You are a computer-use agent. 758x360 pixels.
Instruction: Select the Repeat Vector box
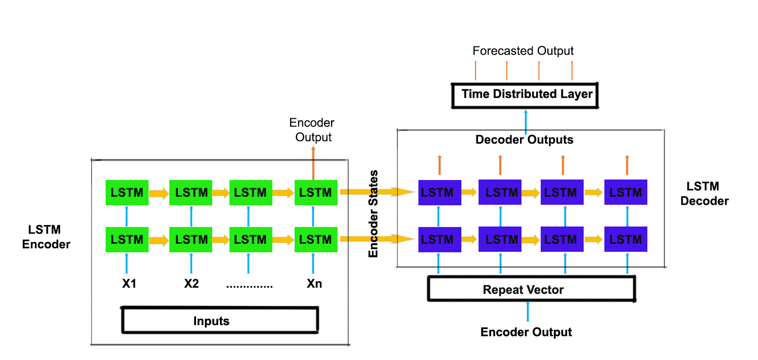[531, 290]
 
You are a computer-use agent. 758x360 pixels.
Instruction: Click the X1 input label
[129, 284]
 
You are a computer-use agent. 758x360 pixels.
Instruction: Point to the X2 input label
[191, 284]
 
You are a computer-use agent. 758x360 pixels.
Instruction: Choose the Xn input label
[314, 284]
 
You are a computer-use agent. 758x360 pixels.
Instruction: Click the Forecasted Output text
[523, 51]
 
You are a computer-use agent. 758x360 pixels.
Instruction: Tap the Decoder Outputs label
[524, 140]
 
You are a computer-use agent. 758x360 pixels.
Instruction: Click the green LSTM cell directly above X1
[126, 239]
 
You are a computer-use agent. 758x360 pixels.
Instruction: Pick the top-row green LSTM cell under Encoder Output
[315, 193]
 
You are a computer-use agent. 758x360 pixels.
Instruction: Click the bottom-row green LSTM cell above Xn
[315, 239]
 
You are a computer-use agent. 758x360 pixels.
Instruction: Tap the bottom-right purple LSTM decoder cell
[626, 239]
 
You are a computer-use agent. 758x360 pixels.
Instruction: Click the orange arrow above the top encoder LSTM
[314, 162]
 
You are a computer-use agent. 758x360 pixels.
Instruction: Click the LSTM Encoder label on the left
[46, 237]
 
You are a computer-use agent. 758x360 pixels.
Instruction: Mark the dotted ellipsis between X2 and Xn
[250, 285]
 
